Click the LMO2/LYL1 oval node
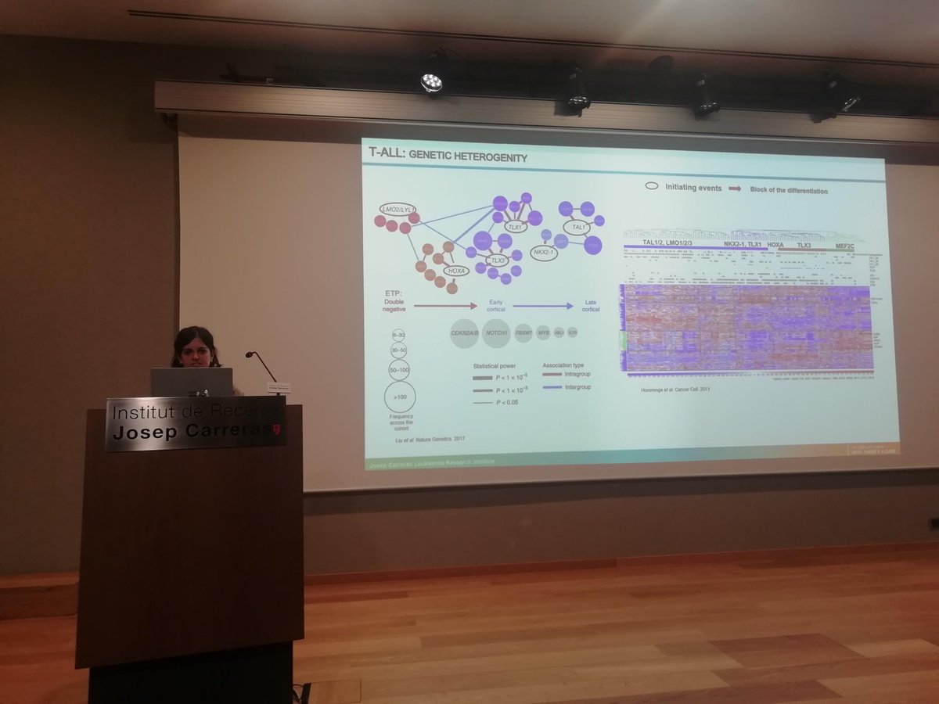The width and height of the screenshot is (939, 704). point(398,210)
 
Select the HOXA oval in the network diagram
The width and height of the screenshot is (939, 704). point(455,271)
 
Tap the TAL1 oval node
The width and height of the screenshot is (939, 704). point(579,228)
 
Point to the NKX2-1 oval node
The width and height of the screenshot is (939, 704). point(543,253)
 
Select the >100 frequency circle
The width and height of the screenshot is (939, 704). point(400,397)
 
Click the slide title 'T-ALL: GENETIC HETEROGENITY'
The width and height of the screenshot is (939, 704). point(448,157)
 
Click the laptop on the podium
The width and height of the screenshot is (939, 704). point(192,382)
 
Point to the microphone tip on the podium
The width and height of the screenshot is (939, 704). point(250,355)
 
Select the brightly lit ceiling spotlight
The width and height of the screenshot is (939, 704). point(431,81)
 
